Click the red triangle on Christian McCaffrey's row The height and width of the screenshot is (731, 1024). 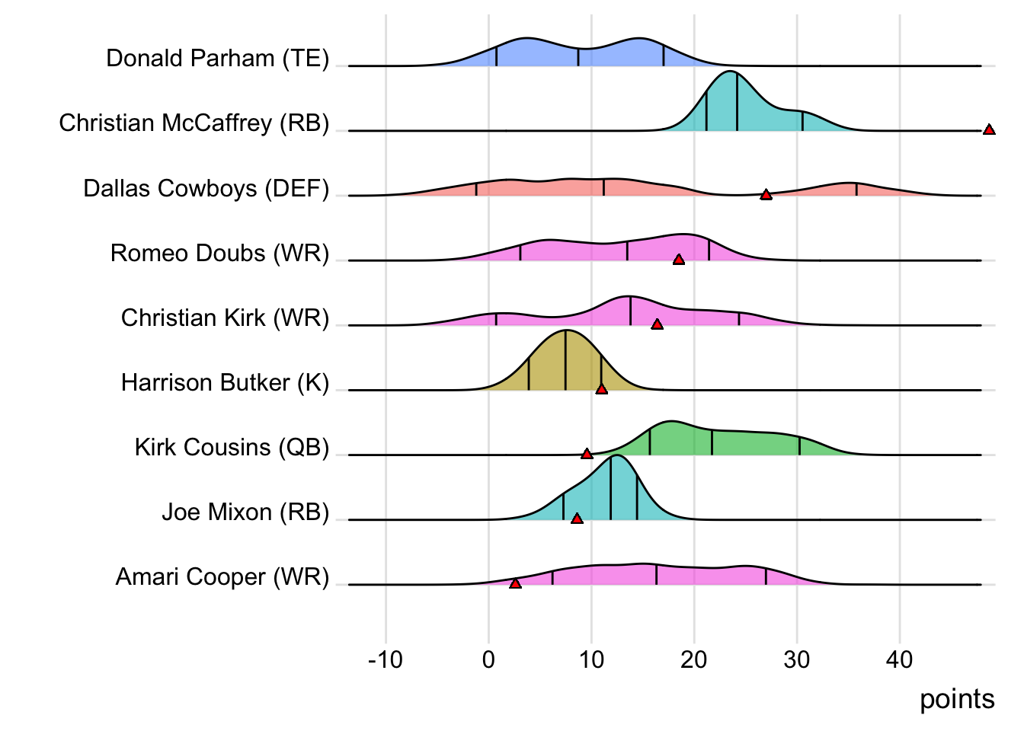point(989,130)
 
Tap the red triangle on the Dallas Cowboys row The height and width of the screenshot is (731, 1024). point(766,195)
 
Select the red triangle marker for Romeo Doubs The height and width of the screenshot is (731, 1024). point(679,260)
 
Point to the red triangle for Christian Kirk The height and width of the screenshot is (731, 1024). point(657,324)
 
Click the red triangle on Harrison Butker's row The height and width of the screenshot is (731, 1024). point(601,389)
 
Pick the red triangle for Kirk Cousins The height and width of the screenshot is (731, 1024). point(587,454)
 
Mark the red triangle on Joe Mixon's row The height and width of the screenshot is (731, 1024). point(577,519)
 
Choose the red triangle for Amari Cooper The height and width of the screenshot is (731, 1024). point(515,583)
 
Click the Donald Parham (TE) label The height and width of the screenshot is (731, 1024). point(218,59)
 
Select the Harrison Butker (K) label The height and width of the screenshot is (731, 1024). point(225,382)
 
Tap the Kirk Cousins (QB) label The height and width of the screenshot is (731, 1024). point(232,447)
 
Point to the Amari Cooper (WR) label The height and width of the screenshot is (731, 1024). point(222,577)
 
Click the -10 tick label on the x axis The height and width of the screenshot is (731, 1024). point(385,659)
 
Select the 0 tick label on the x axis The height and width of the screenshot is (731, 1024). point(488,659)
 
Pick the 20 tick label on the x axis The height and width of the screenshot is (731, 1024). point(694,659)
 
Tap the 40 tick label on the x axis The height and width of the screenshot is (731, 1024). point(900,659)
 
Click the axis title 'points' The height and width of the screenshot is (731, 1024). point(957,699)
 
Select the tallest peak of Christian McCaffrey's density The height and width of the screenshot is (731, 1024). point(731,72)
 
